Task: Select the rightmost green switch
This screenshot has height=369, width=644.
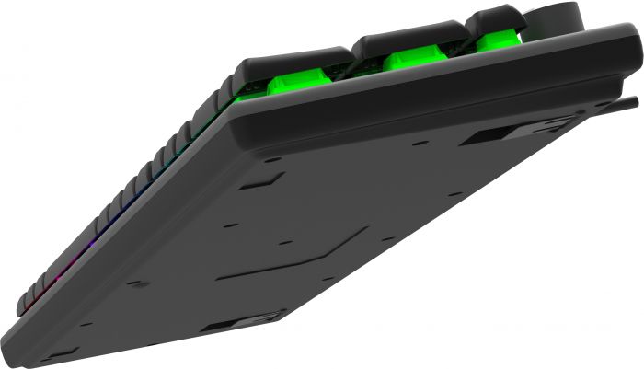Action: [497, 41]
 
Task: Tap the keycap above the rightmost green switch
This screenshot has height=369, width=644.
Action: [495, 18]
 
